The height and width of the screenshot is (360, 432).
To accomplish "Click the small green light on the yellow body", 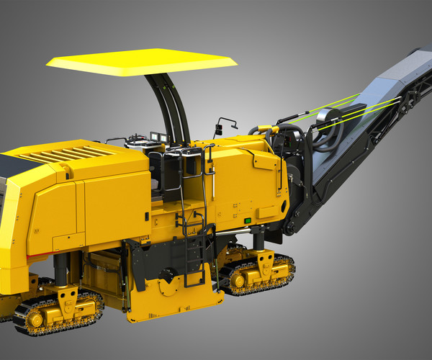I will [248, 220].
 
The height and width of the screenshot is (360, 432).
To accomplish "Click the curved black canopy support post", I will [173, 108].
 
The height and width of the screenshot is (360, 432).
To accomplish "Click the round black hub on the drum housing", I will [168, 275].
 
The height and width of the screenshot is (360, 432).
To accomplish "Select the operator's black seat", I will [173, 169].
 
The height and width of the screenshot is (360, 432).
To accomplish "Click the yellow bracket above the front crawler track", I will [68, 294].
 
